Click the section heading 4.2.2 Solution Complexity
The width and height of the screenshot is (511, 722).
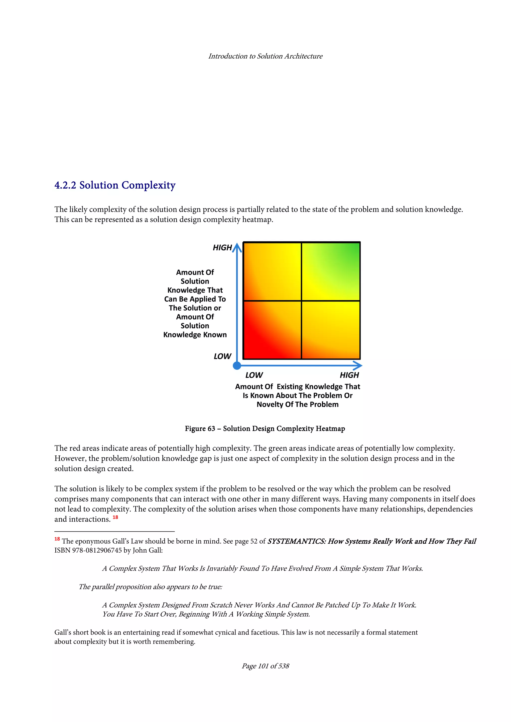point(115,185)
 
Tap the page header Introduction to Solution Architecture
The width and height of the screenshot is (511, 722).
point(265,56)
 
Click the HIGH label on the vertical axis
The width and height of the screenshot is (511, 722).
point(222,248)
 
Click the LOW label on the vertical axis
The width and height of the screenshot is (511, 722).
point(222,356)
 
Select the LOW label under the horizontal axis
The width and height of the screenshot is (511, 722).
point(254,375)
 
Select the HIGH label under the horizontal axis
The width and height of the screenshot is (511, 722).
point(349,375)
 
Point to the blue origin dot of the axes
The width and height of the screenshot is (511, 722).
point(237,365)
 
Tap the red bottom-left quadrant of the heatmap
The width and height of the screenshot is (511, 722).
point(272,330)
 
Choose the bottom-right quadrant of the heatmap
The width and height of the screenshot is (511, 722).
point(331,330)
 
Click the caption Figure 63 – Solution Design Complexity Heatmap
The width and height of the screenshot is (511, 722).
point(265,429)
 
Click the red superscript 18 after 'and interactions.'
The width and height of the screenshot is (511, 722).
point(115,517)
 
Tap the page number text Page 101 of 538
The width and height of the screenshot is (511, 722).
point(265,666)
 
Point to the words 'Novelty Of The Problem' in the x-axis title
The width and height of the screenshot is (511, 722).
point(297,404)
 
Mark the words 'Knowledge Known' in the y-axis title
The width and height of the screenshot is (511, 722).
point(195,335)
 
